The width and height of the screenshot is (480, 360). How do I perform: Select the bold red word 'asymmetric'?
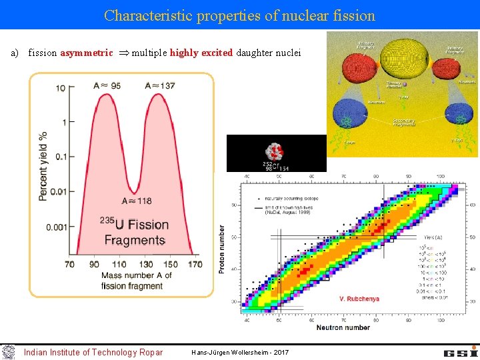coord(87,53)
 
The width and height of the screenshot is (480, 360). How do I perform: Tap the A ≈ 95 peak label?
coord(107,85)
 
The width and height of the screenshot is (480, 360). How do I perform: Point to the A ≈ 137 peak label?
coord(160,85)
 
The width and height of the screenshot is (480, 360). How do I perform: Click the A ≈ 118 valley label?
coord(137,201)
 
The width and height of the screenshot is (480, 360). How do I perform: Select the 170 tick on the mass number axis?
coord(194,265)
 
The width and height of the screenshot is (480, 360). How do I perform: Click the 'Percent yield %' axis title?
coord(43,165)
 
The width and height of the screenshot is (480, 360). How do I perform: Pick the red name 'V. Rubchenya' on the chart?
coord(359,299)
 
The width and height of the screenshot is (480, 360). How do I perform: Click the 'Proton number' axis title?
coord(222,248)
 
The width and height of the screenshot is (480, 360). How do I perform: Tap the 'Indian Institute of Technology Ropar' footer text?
coord(93,352)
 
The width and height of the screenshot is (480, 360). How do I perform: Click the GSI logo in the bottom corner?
coord(460,351)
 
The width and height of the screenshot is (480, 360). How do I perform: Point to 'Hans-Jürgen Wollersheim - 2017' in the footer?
coord(240,352)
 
